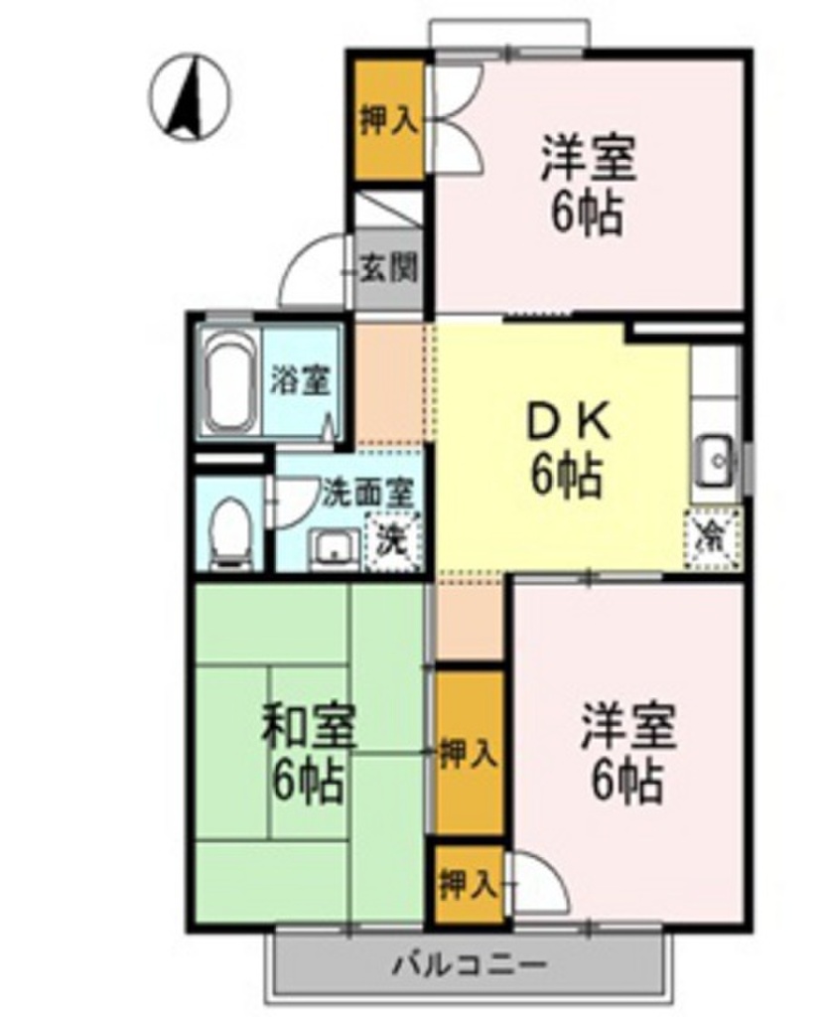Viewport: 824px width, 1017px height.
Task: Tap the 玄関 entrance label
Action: [388, 268]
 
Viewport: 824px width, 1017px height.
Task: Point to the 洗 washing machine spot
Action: [394, 542]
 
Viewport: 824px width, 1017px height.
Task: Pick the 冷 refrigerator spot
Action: [714, 539]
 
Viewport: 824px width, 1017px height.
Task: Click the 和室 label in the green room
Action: [308, 730]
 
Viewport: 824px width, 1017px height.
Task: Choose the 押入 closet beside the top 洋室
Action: [388, 121]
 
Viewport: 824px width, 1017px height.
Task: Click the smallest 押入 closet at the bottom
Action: [467, 882]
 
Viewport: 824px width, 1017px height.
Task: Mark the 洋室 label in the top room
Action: [588, 159]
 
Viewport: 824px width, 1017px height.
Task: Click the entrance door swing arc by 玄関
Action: [311, 270]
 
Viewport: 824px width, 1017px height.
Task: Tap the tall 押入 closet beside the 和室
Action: [467, 753]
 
